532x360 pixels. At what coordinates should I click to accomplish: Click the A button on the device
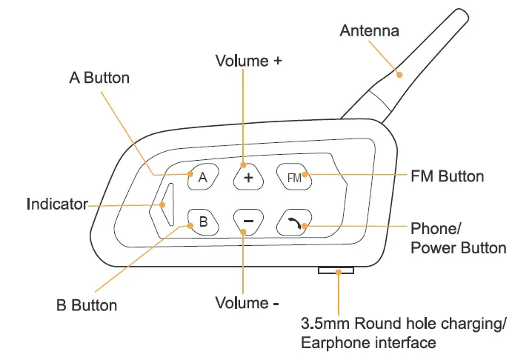tap(202, 176)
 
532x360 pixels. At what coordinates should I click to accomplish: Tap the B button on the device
tap(202, 220)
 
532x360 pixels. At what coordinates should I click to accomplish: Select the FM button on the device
tap(294, 176)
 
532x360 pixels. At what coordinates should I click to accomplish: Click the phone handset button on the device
tap(294, 220)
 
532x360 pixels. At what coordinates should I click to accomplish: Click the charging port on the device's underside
tap(336, 272)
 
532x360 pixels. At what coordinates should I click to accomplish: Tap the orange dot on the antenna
tap(399, 74)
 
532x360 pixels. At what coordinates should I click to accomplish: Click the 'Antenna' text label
tap(369, 30)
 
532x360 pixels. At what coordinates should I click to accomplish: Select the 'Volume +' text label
tap(248, 61)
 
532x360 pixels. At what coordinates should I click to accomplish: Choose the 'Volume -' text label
tap(247, 303)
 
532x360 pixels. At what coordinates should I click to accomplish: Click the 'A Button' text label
tap(99, 77)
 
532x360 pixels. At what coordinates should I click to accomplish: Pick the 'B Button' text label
tap(87, 304)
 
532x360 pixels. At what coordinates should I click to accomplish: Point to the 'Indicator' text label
tap(57, 204)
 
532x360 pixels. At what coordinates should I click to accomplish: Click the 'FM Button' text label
tap(447, 176)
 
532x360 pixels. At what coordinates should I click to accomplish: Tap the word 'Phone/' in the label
tap(435, 227)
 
